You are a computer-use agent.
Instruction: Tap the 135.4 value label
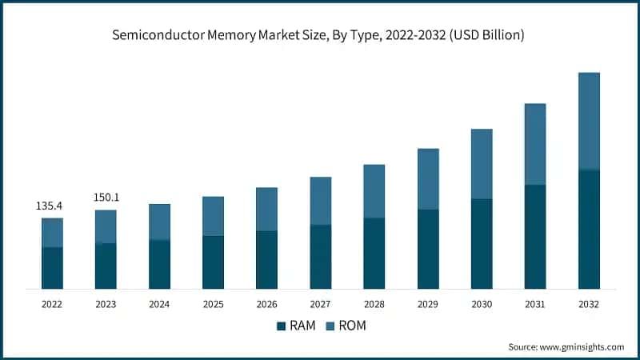(49, 206)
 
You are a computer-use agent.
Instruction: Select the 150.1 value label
(106, 198)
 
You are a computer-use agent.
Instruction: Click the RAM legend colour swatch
(281, 326)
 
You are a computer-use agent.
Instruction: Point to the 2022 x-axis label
(52, 304)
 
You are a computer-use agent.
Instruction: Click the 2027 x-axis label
(320, 304)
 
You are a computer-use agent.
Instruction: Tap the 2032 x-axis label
(589, 304)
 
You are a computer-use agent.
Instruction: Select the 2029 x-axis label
(427, 304)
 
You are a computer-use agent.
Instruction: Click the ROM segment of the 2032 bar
(589, 121)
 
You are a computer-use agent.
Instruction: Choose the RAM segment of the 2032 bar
(589, 229)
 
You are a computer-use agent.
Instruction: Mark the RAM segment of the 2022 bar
(52, 268)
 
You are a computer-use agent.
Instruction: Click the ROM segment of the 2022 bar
(52, 233)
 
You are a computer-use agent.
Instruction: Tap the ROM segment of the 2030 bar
(482, 164)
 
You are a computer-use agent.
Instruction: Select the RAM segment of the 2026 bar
(266, 260)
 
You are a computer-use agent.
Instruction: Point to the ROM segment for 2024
(159, 222)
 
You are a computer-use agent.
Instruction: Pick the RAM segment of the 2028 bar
(374, 253)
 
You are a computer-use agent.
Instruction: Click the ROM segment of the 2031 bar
(535, 144)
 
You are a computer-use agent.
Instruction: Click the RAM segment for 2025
(213, 262)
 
